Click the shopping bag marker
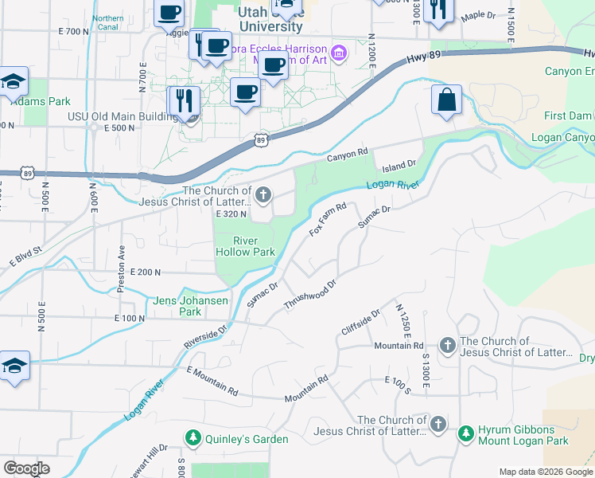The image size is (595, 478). point(446,101)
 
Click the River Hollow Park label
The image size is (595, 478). point(245,246)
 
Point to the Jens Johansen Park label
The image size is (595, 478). point(190,306)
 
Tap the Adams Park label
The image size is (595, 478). point(41,101)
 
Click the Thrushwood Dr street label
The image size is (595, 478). point(311,293)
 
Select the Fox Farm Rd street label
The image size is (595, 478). point(328,219)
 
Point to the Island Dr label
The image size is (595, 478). point(399,166)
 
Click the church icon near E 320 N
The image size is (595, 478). point(263,194)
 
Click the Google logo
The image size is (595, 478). point(25,468)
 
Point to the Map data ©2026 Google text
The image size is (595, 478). point(545,472)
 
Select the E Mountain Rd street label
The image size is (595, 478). point(212,381)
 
